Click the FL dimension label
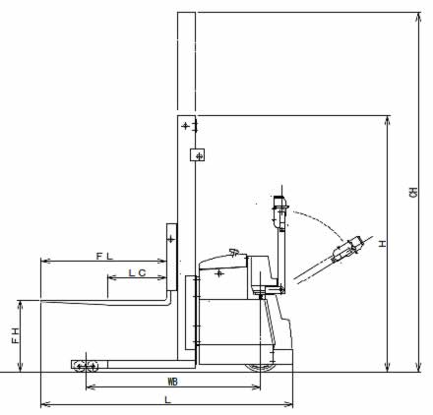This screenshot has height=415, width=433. point(104,256)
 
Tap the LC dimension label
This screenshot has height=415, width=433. point(137,272)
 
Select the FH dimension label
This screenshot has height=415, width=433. point(16,335)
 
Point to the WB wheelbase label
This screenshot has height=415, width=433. point(173,382)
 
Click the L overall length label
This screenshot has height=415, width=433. point(167,400)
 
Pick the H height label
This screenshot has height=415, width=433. point(383,244)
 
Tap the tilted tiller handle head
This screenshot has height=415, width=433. point(347,249)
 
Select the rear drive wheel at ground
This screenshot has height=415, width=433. point(260,367)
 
